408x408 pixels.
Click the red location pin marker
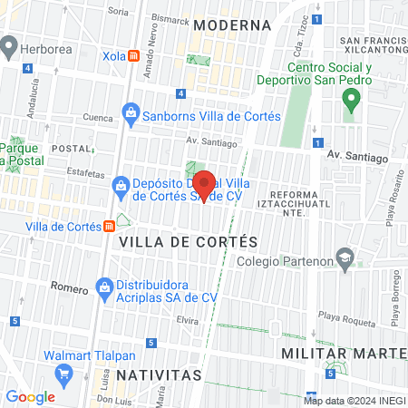click(x=205, y=184)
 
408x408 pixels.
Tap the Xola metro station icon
click(x=134, y=55)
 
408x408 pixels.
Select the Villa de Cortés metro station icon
click(x=109, y=226)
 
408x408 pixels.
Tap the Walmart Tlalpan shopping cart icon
click(x=63, y=374)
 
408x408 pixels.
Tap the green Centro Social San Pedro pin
click(x=349, y=102)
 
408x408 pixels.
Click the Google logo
click(x=31, y=396)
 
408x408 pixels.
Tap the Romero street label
click(x=70, y=289)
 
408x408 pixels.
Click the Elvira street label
click(x=187, y=320)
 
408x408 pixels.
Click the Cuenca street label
click(x=73, y=117)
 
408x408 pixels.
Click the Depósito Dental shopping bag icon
click(x=120, y=186)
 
